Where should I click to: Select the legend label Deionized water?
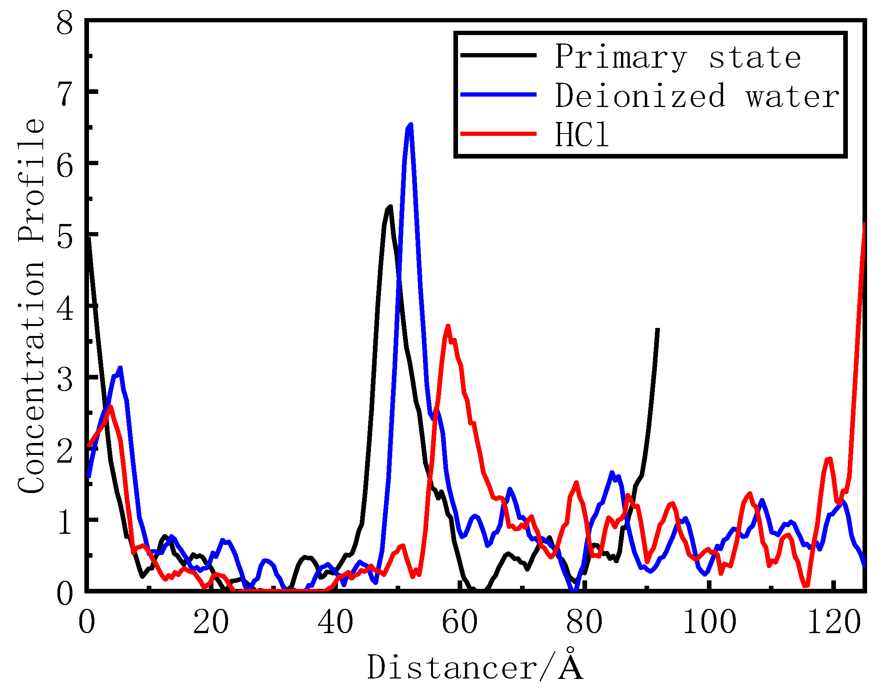point(696,96)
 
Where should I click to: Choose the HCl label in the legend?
point(582,135)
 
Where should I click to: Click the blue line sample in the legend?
point(498,94)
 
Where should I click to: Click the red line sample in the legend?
point(498,134)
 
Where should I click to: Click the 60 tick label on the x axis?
point(460,623)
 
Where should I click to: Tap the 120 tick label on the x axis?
point(834,623)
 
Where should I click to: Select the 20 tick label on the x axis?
point(210,623)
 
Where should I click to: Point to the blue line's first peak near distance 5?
point(120,368)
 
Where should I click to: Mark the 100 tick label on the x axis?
point(710,623)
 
